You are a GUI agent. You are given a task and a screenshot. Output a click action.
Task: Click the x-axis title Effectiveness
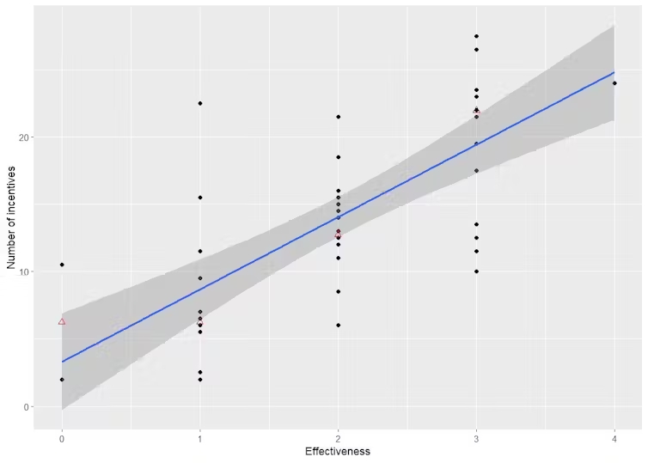[x=338, y=451]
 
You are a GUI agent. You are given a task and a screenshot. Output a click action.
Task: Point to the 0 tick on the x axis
[x=62, y=437]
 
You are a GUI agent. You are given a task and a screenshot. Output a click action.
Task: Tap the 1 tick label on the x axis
[x=200, y=437]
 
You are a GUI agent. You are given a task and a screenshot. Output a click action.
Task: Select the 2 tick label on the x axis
[x=339, y=437]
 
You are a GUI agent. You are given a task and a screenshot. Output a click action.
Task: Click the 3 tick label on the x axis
[x=476, y=437]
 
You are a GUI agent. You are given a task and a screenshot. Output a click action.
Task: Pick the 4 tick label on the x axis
[x=614, y=437]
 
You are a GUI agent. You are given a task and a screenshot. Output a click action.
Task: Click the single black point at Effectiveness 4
[x=614, y=83]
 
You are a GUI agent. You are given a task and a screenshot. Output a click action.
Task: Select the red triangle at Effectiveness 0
[x=62, y=321]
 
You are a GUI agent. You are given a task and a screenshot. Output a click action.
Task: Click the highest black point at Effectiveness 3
[x=476, y=36]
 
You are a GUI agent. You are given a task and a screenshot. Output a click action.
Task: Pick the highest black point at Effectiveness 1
[x=200, y=103]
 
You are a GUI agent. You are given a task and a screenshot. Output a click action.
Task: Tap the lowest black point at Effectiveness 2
[x=339, y=325]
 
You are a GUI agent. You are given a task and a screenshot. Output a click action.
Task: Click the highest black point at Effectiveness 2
[x=339, y=117]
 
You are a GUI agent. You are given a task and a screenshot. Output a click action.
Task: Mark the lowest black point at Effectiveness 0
[x=62, y=380]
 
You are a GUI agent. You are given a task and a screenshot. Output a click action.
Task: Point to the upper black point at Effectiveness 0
[x=62, y=265]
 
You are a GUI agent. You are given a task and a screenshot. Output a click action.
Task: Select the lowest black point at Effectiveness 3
[x=476, y=271]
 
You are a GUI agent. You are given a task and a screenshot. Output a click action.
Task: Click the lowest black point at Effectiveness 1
[x=200, y=380]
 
